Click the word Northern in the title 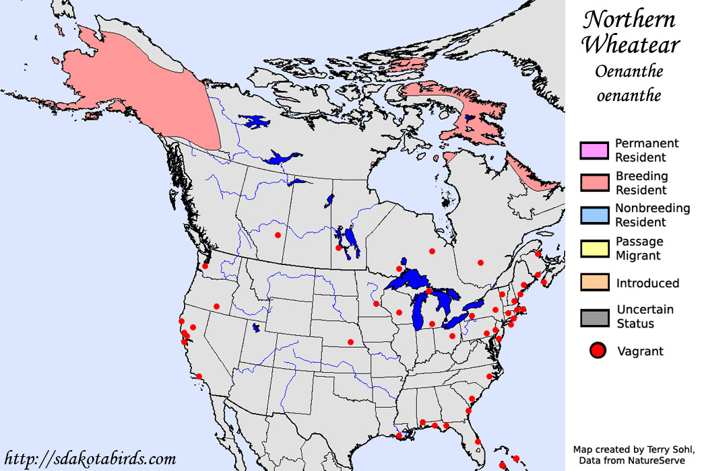(x=629, y=20)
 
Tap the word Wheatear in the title (x=631, y=45)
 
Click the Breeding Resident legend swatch (x=594, y=183)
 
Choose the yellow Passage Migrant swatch (x=594, y=248)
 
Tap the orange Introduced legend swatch (x=594, y=283)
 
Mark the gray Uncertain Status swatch (x=594, y=317)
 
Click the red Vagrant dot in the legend (x=597, y=351)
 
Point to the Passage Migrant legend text (x=639, y=248)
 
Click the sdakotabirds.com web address (x=90, y=459)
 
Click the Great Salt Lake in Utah (x=256, y=328)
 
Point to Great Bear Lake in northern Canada (x=255, y=122)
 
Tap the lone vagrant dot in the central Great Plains (x=350, y=342)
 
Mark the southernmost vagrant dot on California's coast (x=198, y=376)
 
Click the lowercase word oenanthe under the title (x=629, y=95)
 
